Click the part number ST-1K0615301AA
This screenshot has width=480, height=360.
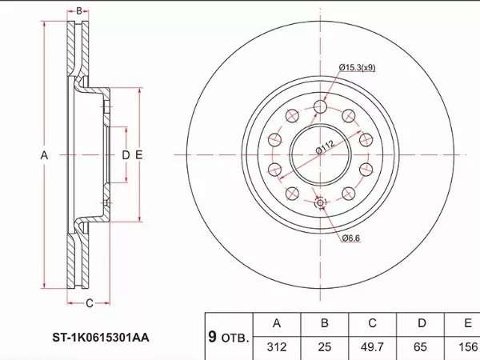pyautogui.click(x=101, y=338)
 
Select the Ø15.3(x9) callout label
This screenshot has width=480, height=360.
pyautogui.click(x=357, y=67)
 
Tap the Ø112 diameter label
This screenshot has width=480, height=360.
pyautogui.click(x=325, y=147)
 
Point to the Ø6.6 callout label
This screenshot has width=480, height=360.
pyautogui.click(x=351, y=238)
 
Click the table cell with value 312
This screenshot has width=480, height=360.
pyautogui.click(x=277, y=347)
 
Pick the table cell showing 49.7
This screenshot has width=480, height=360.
pyautogui.click(x=372, y=347)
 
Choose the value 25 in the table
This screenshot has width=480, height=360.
pyautogui.click(x=325, y=347)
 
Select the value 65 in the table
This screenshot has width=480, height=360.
pyautogui.click(x=420, y=347)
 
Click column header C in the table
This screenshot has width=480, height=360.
pyautogui.click(x=372, y=323)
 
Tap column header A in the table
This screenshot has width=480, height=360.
pyautogui.click(x=277, y=323)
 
